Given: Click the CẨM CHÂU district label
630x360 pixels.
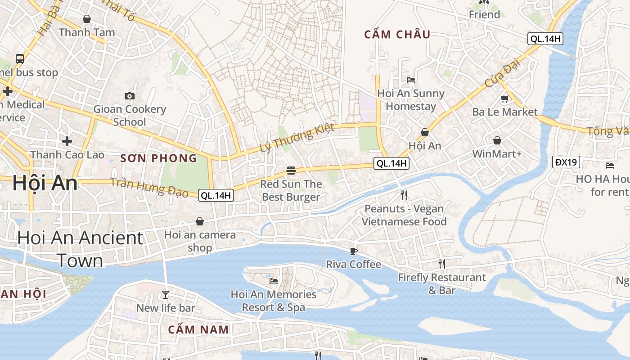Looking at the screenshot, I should tap(397, 34).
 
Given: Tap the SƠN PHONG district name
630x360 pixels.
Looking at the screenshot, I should tap(158, 158).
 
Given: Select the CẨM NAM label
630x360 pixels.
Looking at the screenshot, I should tap(198, 329).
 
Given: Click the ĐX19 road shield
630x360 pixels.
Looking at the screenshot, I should tap(566, 162).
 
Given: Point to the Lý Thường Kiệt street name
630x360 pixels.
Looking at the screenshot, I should tap(297, 138).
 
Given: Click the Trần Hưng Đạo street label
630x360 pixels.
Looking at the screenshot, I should tap(149, 186).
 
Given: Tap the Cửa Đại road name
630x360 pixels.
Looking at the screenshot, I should tap(502, 74).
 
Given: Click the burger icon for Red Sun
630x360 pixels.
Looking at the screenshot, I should tap(291, 171).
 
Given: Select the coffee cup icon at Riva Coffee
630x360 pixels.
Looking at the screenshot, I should tap(354, 251).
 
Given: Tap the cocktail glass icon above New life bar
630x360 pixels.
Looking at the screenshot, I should tap(166, 295).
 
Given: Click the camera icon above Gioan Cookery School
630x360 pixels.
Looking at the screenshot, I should tap(130, 96).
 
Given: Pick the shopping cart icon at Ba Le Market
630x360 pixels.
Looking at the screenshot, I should tap(504, 99).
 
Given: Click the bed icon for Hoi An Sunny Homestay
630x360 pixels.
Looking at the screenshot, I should tap(410, 80).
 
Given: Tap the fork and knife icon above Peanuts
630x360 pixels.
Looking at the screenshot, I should tap(404, 195).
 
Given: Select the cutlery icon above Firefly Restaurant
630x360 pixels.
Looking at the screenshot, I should tap(442, 264).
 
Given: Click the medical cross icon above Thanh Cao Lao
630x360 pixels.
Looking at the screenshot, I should tap(67, 141).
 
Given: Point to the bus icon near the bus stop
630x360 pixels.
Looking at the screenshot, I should tap(20, 58).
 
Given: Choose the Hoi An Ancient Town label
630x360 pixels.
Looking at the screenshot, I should tap(80, 249).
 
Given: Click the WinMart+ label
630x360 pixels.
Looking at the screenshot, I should tap(497, 154).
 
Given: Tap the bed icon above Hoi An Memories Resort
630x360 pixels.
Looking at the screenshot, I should tap(273, 281).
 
